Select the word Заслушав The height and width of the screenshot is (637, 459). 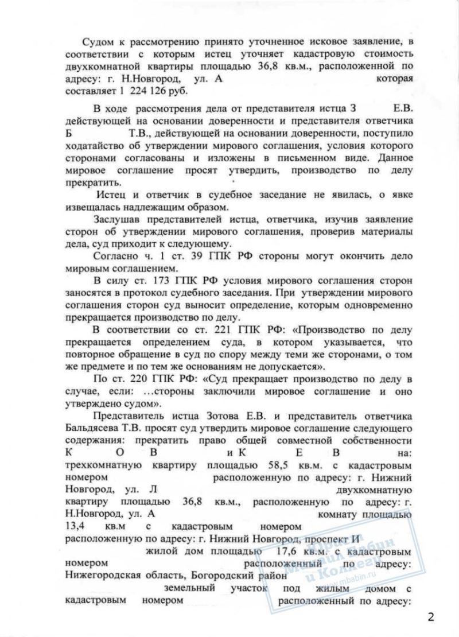click(x=114, y=220)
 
